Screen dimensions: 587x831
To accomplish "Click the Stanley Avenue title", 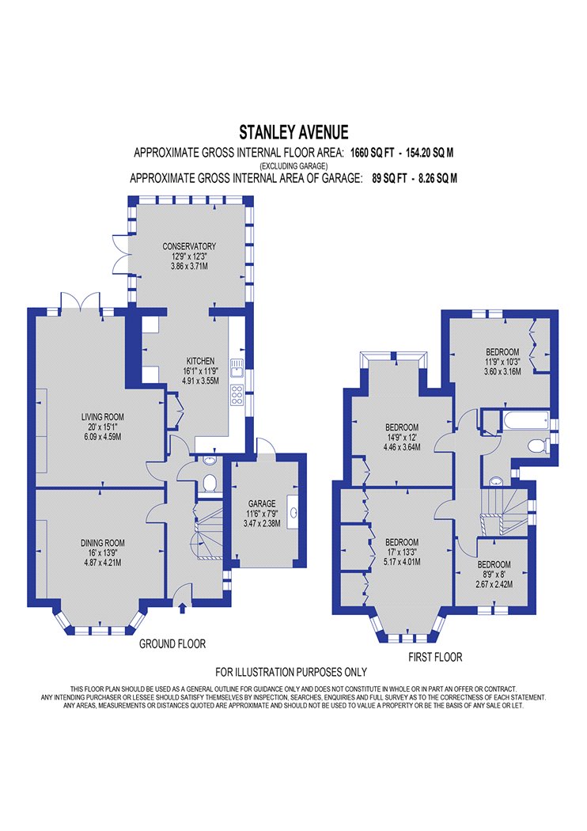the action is pyautogui.click(x=293, y=132).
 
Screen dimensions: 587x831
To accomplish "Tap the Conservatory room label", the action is pyautogui.click(x=189, y=246).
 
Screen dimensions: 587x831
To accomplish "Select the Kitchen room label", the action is pyautogui.click(x=200, y=361).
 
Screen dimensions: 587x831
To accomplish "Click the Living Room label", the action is pyautogui.click(x=102, y=417).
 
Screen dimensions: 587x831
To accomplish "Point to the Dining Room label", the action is pyautogui.click(x=102, y=543).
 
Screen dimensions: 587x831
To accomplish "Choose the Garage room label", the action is pyautogui.click(x=262, y=503).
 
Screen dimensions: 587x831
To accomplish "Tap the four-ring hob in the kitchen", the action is pyautogui.click(x=237, y=395).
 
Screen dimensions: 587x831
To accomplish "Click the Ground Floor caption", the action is pyautogui.click(x=172, y=644).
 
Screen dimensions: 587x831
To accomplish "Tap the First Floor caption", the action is pyautogui.click(x=435, y=657).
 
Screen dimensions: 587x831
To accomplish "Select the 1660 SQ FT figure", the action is pyautogui.click(x=372, y=154).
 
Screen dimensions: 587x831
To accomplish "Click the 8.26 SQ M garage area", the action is pyautogui.click(x=437, y=178).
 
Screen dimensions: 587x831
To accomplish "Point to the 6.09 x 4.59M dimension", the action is pyautogui.click(x=102, y=437).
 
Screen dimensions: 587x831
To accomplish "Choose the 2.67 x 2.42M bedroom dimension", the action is pyautogui.click(x=494, y=585).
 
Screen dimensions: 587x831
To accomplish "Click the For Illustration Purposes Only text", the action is pyautogui.click(x=291, y=672).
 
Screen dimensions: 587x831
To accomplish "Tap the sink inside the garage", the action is pyautogui.click(x=293, y=513).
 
